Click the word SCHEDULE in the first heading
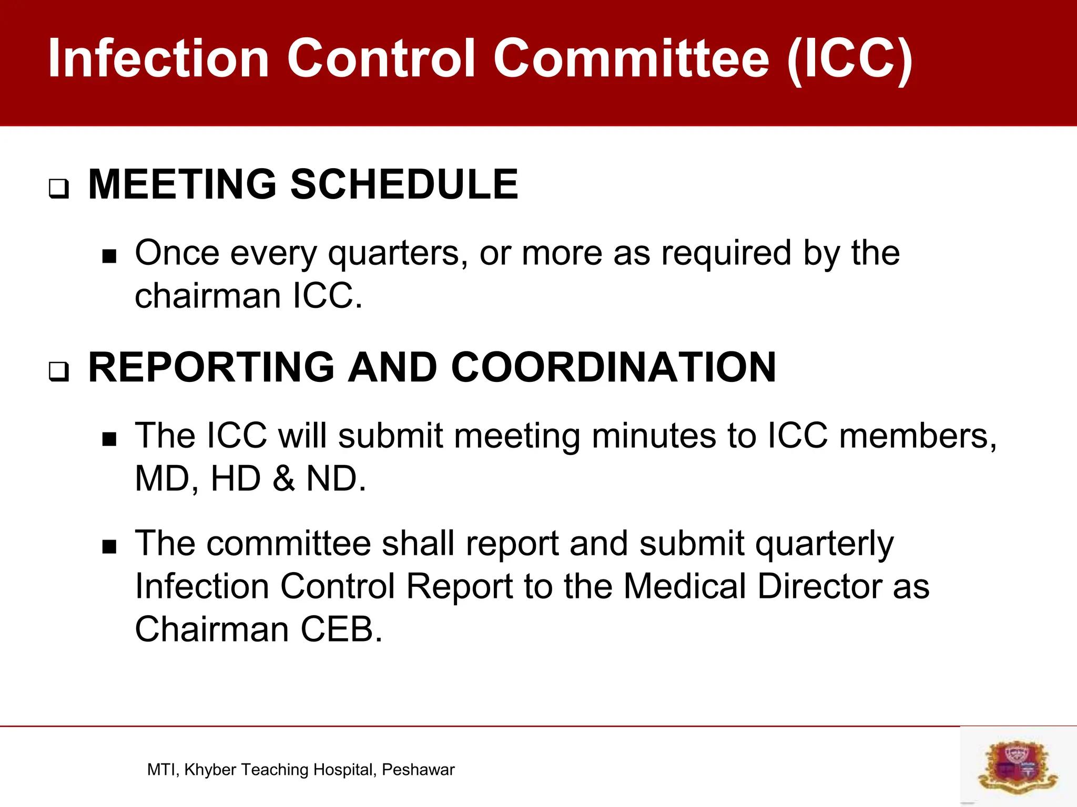point(404,184)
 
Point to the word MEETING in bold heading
point(182,184)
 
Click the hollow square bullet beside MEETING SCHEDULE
point(58,189)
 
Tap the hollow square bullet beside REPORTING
point(58,371)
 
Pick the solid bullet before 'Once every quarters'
point(109,257)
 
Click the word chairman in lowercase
point(208,296)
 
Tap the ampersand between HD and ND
point(283,479)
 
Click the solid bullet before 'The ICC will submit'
point(109,439)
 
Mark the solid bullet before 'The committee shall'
point(109,547)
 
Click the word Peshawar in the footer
point(418,770)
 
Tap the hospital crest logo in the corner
point(1018,766)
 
